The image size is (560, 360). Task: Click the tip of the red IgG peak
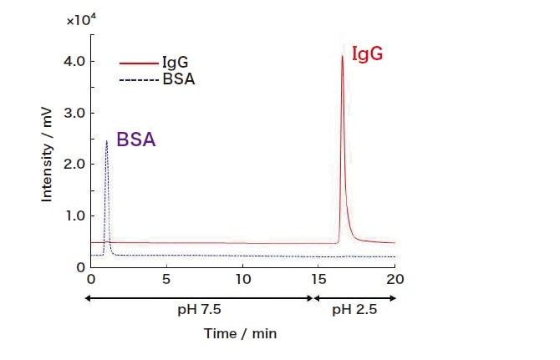point(342,56)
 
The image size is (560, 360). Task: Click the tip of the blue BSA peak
point(106,141)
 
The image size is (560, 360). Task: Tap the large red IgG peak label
point(369,54)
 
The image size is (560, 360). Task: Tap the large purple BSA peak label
point(135,139)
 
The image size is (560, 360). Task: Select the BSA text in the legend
point(177,79)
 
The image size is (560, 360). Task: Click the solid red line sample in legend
point(139,63)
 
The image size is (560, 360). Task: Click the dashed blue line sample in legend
point(139,79)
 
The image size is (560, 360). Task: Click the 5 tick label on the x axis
point(166,279)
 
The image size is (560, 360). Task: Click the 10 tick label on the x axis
point(242,279)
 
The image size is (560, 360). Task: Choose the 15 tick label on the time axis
point(318,279)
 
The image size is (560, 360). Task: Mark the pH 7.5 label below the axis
point(201,309)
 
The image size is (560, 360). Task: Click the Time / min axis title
point(240,333)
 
